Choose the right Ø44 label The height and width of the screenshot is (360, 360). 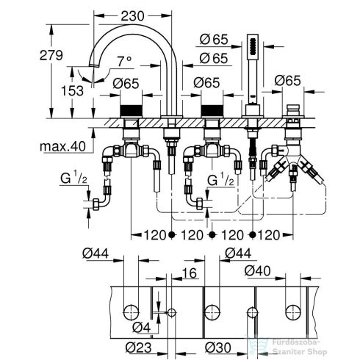point(237,253)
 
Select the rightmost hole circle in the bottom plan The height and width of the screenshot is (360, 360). point(298,309)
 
